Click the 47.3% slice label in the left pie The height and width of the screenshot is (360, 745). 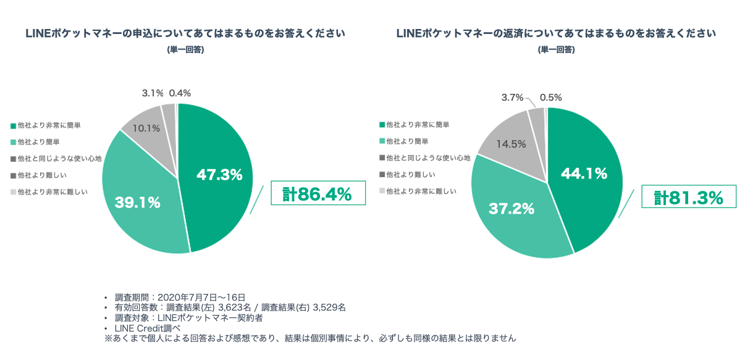(219, 175)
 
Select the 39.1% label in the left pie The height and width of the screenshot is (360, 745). (138, 202)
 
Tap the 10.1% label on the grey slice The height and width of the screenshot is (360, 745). (147, 128)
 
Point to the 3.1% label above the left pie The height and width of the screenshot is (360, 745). (153, 93)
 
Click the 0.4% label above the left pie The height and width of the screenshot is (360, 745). (180, 93)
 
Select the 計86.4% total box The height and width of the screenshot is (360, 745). (318, 195)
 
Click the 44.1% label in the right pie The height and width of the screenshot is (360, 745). (584, 174)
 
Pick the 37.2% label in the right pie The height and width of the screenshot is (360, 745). (511, 209)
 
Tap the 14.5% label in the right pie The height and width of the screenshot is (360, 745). (511, 144)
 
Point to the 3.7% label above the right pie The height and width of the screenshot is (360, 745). (512, 98)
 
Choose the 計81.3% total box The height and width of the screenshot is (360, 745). (689, 198)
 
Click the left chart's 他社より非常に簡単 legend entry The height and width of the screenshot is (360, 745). (49, 125)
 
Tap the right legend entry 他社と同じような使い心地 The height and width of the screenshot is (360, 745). (427, 158)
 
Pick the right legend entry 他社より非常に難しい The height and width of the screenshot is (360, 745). (421, 191)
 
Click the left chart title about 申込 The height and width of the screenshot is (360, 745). (185, 33)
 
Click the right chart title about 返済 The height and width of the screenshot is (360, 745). (556, 33)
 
